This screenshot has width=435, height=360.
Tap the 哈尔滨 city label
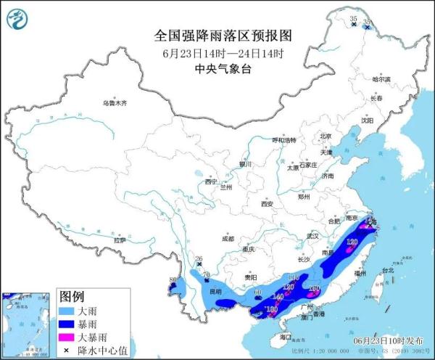(x=381, y=79)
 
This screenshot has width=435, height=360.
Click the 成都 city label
(x=228, y=238)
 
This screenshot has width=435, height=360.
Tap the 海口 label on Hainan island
(x=285, y=337)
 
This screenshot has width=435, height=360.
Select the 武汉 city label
(x=312, y=236)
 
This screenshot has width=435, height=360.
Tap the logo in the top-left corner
(x=19, y=17)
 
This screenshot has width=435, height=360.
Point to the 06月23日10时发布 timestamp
(x=397, y=339)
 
